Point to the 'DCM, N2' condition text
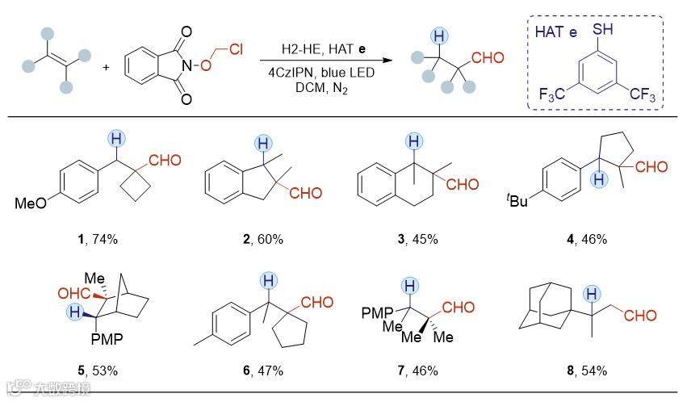click(320, 87)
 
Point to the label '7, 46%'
click(414, 371)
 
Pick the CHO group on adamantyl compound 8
click(640, 316)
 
